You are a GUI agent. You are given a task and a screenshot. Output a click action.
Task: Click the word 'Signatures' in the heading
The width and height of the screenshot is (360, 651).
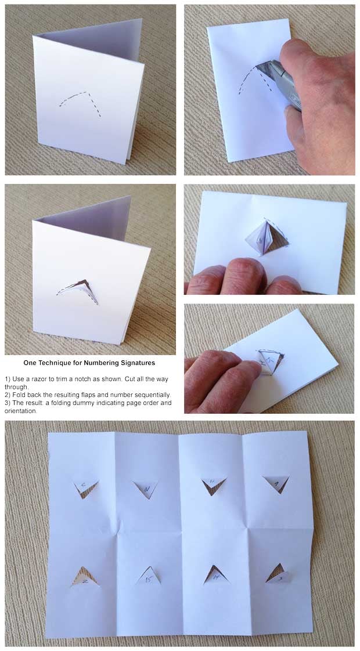point(135,363)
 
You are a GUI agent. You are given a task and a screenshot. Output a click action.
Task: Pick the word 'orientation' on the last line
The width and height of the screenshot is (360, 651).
point(21,411)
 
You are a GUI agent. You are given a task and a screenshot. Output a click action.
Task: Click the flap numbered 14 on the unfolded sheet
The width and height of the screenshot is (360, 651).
point(215,574)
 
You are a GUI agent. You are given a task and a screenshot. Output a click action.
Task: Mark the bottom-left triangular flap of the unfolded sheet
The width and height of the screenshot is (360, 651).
point(85,577)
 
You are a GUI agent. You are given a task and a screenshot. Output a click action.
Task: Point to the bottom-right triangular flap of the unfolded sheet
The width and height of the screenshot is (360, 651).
point(278,573)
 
